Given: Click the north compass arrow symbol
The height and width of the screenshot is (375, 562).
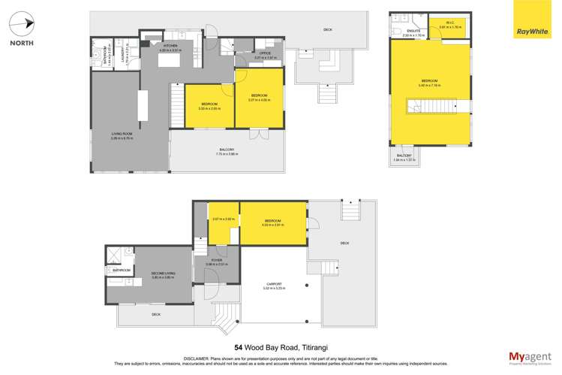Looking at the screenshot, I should point(22,23).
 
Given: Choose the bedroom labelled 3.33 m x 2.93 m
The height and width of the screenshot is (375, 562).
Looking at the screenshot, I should point(208,105).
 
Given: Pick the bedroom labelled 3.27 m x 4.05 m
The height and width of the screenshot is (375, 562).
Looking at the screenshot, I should point(259,98).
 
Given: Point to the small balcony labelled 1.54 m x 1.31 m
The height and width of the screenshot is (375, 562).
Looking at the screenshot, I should point(404,156).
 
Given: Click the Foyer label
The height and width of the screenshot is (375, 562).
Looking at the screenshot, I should point(216,262).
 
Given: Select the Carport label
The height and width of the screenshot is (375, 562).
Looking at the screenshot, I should point(272,285).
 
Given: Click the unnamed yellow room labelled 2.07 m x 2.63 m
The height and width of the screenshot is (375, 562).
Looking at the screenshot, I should point(224,223).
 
